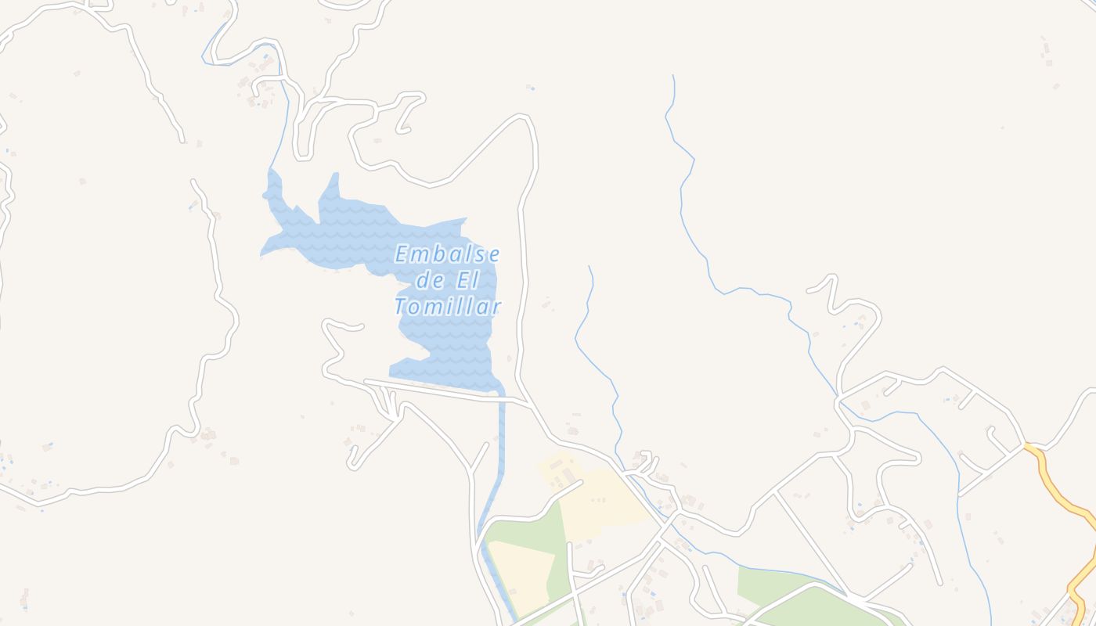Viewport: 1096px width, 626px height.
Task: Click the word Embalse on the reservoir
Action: pyautogui.click(x=447, y=254)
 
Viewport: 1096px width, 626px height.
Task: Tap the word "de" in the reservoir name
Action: pyautogui.click(x=430, y=280)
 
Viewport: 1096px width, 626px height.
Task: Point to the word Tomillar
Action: pyautogui.click(x=447, y=307)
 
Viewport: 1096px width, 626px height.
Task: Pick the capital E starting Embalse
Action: pyautogui.click(x=402, y=254)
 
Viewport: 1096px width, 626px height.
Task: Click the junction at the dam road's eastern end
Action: pyautogui.click(x=531, y=405)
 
